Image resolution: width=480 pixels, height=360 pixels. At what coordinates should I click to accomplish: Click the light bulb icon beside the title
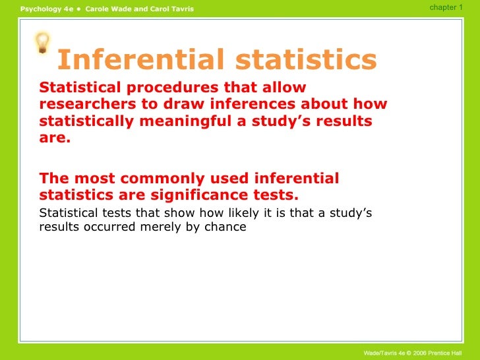point(42,44)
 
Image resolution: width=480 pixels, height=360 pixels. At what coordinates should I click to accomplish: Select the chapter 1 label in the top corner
point(446,7)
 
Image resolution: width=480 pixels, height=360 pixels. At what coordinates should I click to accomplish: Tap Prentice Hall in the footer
point(452,353)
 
